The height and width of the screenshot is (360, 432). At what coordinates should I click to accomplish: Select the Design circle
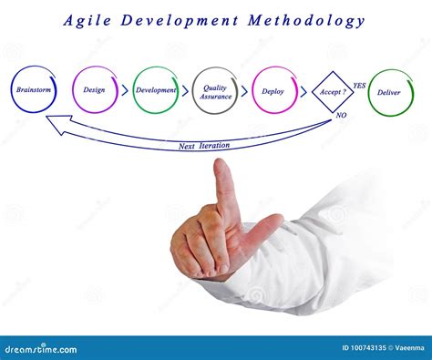[95, 90]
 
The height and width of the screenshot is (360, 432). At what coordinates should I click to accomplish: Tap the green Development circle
[156, 90]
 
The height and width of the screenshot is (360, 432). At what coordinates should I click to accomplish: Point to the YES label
[359, 86]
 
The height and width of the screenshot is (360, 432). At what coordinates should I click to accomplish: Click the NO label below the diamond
[341, 116]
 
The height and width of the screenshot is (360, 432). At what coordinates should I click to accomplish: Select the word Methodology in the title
[311, 20]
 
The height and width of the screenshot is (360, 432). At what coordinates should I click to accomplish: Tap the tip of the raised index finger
[222, 166]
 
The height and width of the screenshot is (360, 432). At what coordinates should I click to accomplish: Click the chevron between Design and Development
[125, 90]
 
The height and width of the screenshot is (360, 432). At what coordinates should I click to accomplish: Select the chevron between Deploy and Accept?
[303, 90]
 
